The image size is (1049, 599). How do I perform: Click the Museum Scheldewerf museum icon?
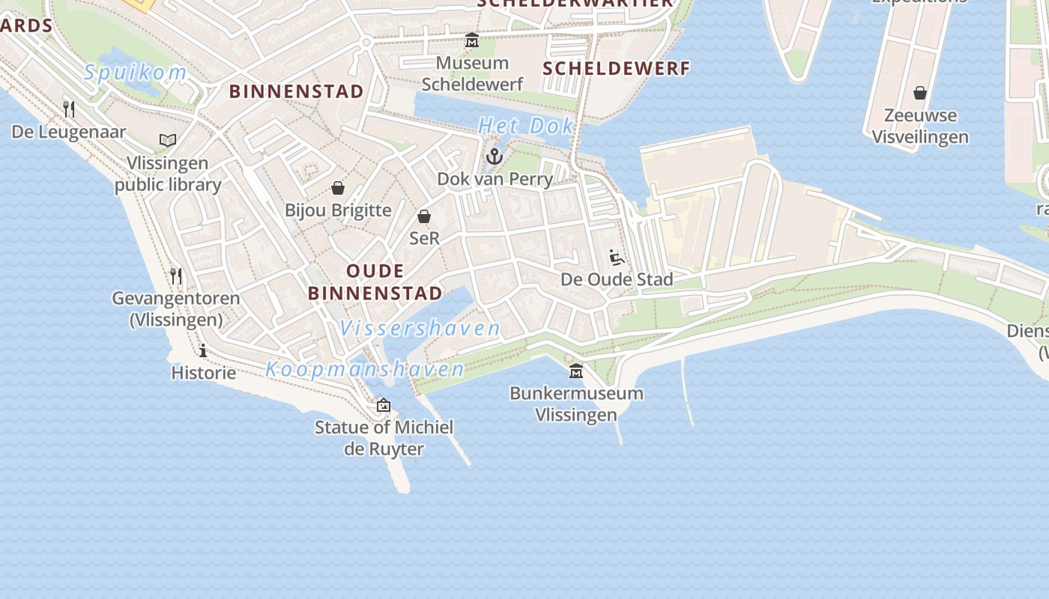point(472,40)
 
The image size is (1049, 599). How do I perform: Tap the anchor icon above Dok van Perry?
point(494,156)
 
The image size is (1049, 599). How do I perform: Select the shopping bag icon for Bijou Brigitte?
point(338,188)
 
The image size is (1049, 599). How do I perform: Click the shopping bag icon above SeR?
point(424,216)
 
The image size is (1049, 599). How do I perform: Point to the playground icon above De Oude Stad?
point(617,258)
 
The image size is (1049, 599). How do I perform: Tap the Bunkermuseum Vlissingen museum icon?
point(576,371)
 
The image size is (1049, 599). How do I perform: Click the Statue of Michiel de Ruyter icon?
point(384,405)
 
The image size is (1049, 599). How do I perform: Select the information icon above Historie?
point(203,350)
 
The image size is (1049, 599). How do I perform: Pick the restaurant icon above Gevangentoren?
point(176,276)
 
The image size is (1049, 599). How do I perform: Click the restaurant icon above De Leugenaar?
point(69,109)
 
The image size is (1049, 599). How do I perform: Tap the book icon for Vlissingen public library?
point(168,140)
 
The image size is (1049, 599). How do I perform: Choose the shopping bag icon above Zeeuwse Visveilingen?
point(920,93)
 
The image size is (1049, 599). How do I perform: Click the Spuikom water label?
point(135,73)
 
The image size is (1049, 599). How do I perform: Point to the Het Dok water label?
point(526,126)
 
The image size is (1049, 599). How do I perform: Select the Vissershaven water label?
point(420,328)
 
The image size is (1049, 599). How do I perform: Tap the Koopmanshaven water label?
point(365,369)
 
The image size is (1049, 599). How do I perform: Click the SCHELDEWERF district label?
point(616,69)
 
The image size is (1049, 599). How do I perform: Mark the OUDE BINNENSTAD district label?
point(375,282)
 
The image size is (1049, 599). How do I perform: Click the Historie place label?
point(204,372)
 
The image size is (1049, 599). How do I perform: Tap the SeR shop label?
point(424,238)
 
